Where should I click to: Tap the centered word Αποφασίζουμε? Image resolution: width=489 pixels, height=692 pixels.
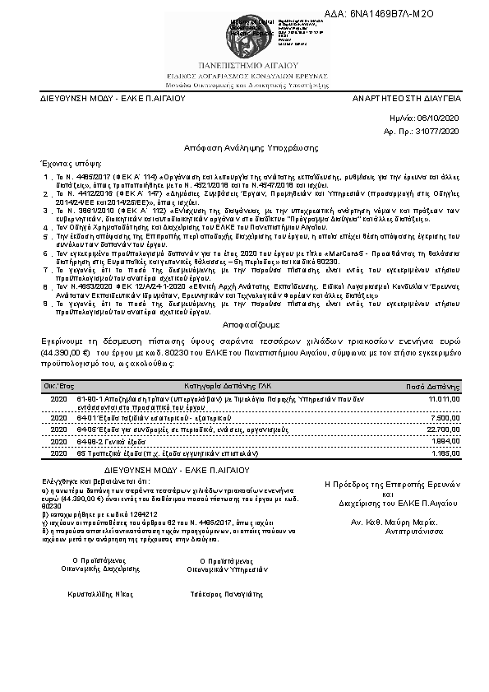[x=244, y=325]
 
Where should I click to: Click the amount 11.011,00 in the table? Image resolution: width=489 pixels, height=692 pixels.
[x=445, y=398]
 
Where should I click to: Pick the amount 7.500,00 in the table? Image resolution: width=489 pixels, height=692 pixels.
[x=447, y=418]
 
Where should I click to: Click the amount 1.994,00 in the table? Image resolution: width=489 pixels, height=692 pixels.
[x=447, y=441]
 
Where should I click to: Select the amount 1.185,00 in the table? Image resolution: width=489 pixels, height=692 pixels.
[x=447, y=453]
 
